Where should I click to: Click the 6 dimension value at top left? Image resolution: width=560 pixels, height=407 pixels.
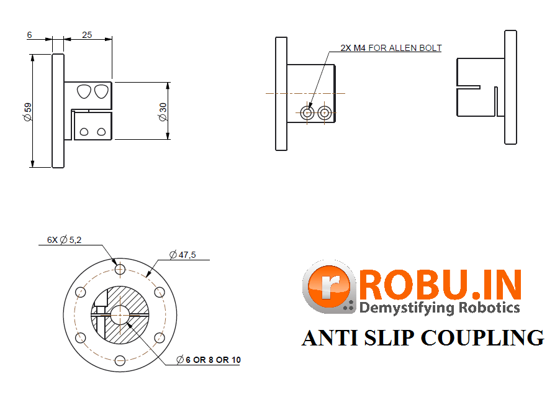[29, 35]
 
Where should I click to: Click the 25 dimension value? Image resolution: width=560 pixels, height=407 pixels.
[87, 35]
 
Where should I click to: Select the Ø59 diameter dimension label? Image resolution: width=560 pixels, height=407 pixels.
[27, 111]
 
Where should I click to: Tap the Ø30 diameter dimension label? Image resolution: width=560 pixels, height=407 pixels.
[163, 111]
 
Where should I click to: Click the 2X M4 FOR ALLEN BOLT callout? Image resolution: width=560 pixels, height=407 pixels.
[391, 48]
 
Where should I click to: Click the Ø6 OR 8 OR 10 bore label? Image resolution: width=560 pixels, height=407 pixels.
[209, 360]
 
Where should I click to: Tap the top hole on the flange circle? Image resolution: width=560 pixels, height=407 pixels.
[120, 269]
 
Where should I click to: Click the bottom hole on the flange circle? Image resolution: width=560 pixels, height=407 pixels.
[120, 360]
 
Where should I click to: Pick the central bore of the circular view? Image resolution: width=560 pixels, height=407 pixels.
[120, 314]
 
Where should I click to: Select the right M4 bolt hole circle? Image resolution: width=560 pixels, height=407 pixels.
[324, 112]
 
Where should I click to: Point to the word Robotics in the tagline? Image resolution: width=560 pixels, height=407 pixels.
[489, 307]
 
